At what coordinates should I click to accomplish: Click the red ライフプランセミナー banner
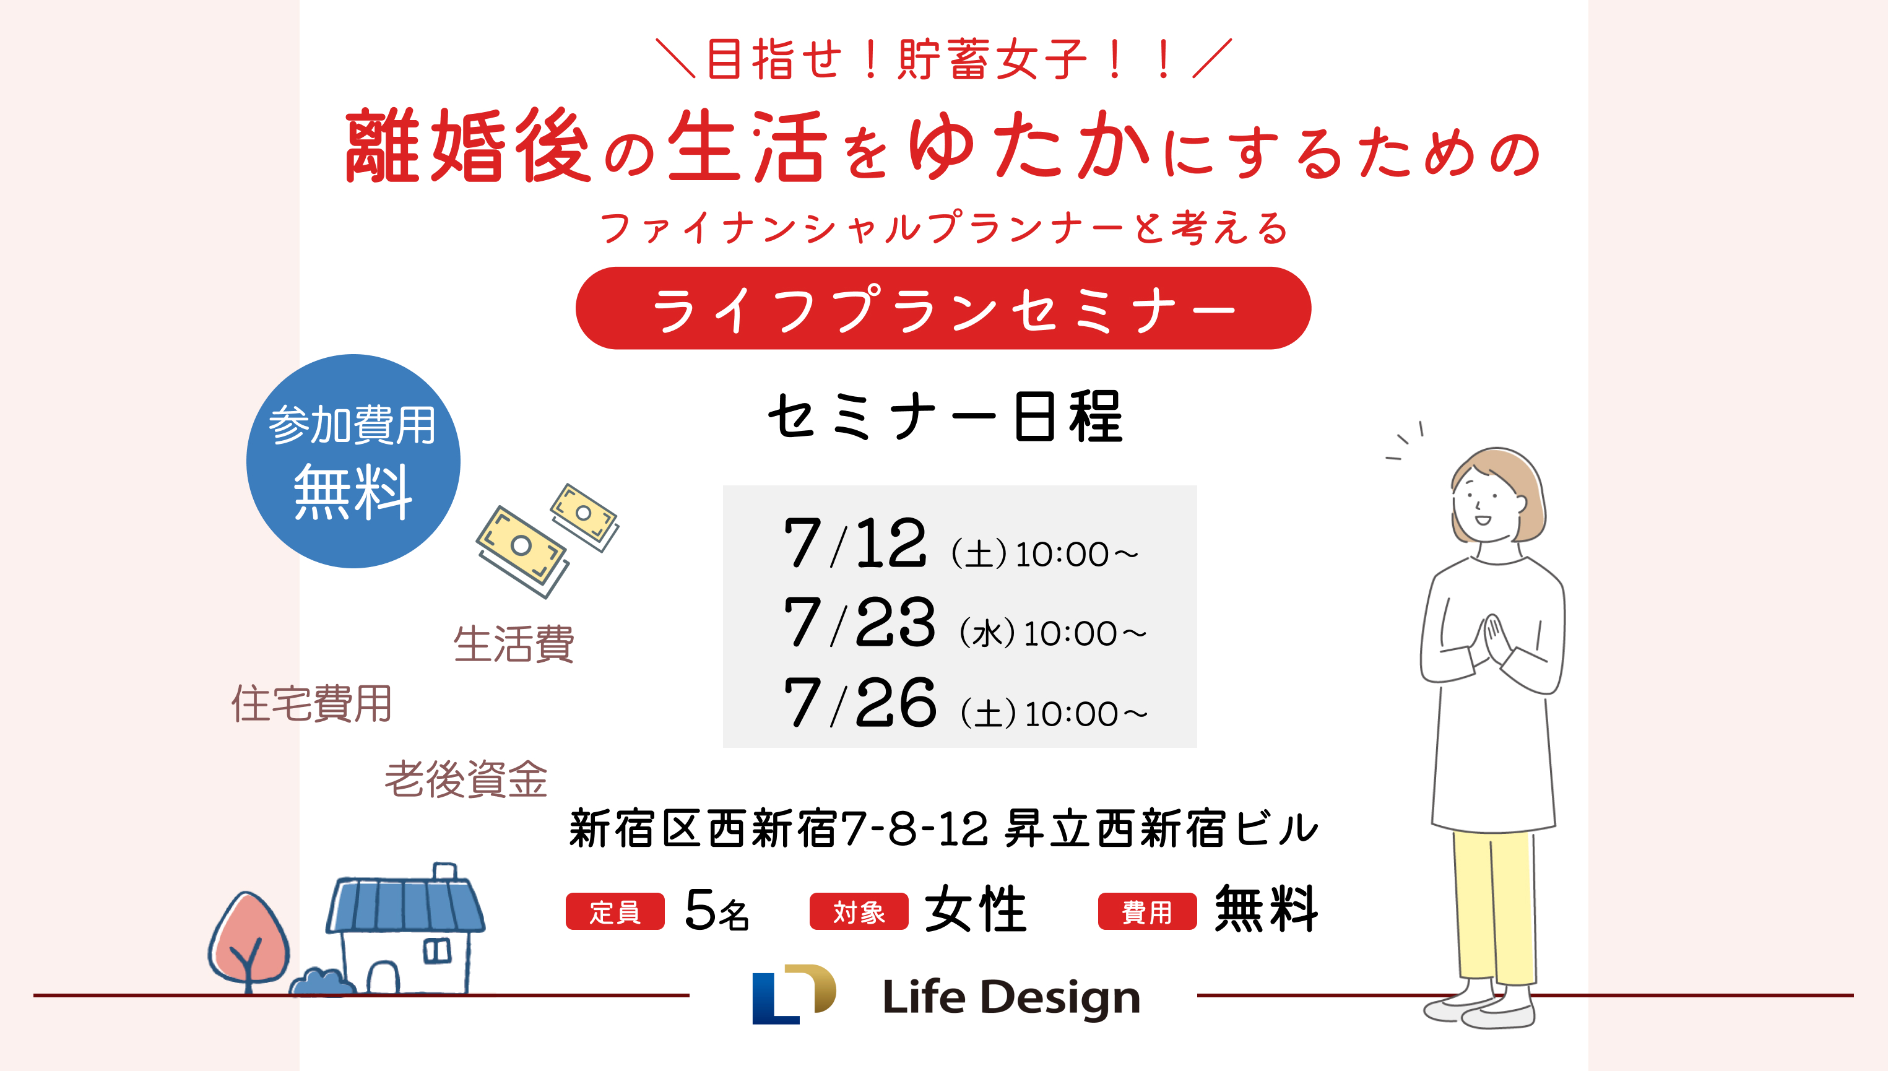click(x=943, y=308)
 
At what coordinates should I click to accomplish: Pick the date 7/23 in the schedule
click(x=859, y=622)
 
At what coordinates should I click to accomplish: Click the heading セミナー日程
click(x=946, y=417)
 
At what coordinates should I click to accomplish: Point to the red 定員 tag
click(x=615, y=911)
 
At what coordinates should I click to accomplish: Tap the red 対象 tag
click(x=859, y=911)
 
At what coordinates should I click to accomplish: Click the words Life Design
click(x=1011, y=997)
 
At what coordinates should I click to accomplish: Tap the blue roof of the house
click(x=405, y=904)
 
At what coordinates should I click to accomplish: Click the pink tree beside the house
click(x=249, y=941)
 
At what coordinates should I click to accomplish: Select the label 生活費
click(x=513, y=644)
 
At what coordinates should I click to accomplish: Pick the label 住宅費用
click(x=312, y=704)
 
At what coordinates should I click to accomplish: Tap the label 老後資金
click(x=466, y=779)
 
